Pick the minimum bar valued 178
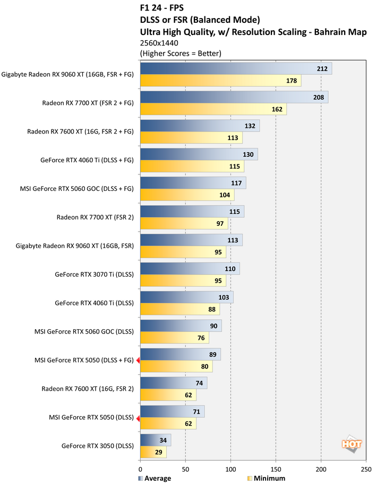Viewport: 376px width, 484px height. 220,81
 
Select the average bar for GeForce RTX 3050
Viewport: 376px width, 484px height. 155,439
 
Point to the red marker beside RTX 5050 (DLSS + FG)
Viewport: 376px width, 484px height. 138,360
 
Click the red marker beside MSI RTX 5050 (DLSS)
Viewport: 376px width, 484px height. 138,418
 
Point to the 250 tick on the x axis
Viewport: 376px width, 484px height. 365,469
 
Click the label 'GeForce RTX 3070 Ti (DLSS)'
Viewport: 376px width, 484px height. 94,275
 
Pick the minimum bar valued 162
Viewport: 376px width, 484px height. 213,109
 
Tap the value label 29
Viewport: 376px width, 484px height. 159,452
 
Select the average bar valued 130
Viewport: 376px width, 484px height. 199,154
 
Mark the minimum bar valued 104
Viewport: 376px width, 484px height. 187,195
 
